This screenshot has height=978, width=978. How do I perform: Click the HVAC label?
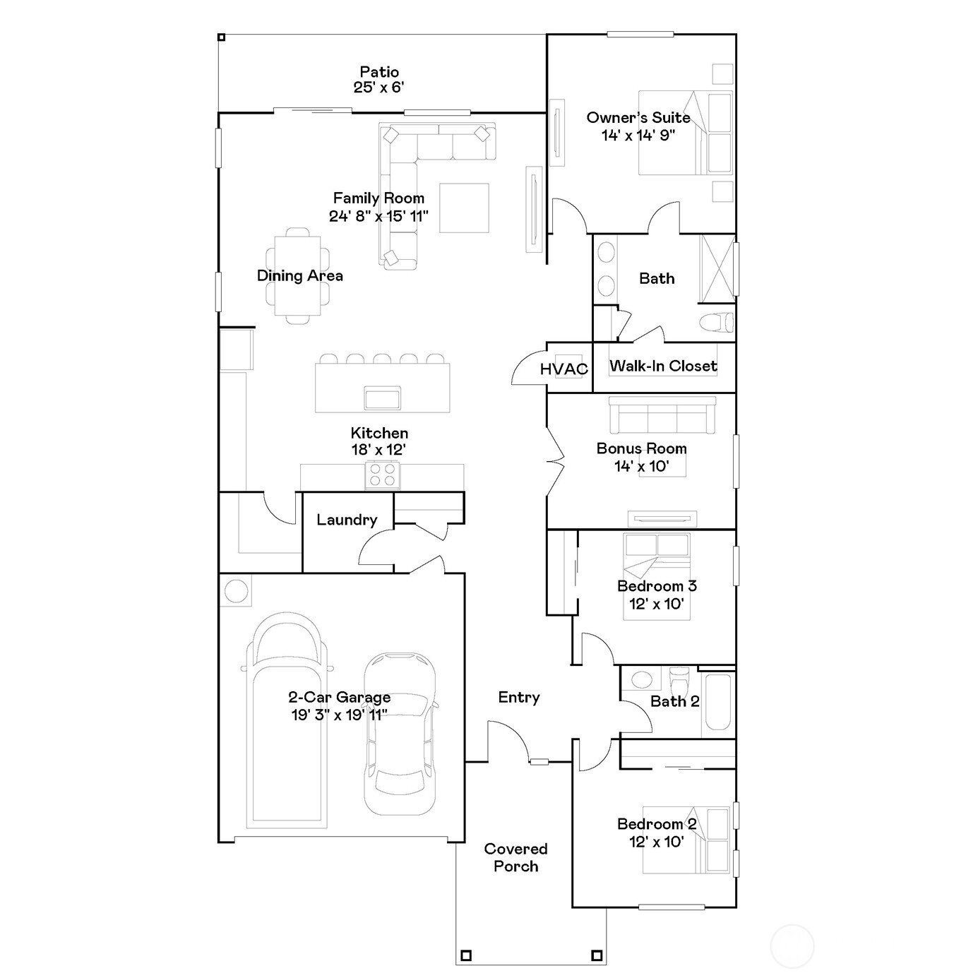coord(563,369)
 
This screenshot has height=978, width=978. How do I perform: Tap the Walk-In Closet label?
coord(663,366)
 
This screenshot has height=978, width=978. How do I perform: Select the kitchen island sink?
coord(382,398)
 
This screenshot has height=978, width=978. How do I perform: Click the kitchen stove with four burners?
coord(382,475)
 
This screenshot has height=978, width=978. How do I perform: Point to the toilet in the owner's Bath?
coord(717,323)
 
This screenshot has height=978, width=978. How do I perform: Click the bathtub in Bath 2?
coord(718,703)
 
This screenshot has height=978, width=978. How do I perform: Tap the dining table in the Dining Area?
coord(298,275)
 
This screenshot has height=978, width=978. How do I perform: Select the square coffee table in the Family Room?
coord(464,208)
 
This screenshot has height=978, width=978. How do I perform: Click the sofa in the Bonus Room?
coord(662,415)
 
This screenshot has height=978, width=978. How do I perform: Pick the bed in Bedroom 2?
coord(686,840)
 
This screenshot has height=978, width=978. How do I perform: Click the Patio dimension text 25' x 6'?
coord(378,88)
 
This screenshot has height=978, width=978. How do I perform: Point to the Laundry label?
coord(346,520)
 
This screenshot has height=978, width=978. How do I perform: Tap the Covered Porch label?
coord(515,857)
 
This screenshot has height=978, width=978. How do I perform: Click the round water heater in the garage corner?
coord(236,590)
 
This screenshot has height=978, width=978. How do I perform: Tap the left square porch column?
coord(465,956)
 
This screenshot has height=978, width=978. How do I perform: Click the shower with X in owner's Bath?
coord(716,268)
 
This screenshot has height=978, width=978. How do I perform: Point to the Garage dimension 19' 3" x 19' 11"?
coord(339,715)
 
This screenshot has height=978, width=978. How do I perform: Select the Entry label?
coord(518,697)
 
